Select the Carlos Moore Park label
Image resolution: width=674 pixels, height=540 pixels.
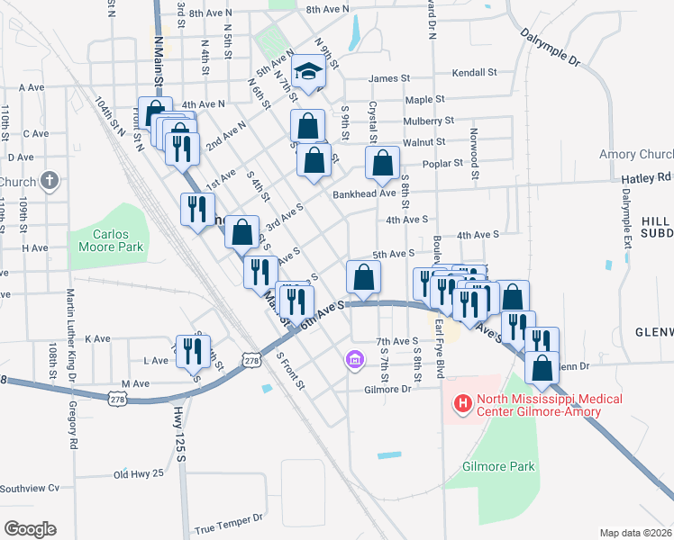coord(119,240)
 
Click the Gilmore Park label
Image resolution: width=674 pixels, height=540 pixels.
coord(498,466)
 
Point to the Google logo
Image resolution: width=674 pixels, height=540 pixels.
coord(30,528)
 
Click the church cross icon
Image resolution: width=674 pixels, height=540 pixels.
coord(50,181)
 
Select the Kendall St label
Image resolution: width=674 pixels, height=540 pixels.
coord(475,72)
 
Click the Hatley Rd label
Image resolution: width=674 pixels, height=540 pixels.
coord(647,178)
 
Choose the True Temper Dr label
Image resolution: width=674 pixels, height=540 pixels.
coord(228,518)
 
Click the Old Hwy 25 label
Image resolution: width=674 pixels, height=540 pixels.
coord(139,473)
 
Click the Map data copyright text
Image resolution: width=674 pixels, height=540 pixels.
coord(635,533)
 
